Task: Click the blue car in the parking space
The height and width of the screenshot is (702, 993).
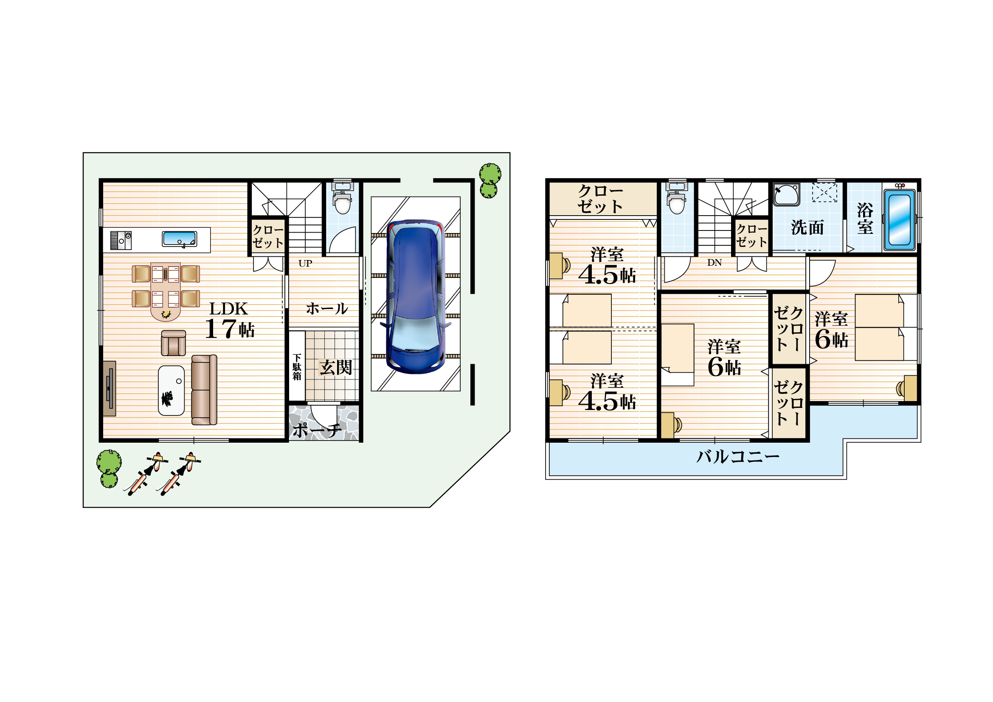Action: (415, 297)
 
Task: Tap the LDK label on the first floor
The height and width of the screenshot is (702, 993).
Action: (228, 309)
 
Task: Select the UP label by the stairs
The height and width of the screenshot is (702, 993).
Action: (305, 263)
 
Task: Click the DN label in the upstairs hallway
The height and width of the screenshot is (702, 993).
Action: (715, 262)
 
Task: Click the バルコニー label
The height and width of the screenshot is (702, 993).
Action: (738, 457)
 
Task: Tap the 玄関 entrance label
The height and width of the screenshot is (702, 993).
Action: (336, 368)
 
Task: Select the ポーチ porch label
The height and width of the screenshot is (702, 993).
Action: (317, 430)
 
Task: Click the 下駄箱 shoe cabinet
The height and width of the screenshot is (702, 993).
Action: (297, 366)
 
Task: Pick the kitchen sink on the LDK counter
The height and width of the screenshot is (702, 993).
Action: (180, 239)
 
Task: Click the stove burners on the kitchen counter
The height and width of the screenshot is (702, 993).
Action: (121, 240)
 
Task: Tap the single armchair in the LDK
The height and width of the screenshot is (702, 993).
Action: (174, 343)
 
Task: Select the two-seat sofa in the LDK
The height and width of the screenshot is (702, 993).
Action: (204, 390)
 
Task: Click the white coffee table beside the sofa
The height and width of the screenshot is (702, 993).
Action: (171, 391)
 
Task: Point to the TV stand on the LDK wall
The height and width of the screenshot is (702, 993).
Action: (110, 389)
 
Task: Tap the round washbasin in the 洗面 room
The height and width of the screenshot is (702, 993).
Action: (787, 194)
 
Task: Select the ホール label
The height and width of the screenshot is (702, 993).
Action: (327, 309)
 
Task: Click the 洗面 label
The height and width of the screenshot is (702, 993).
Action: (807, 227)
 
